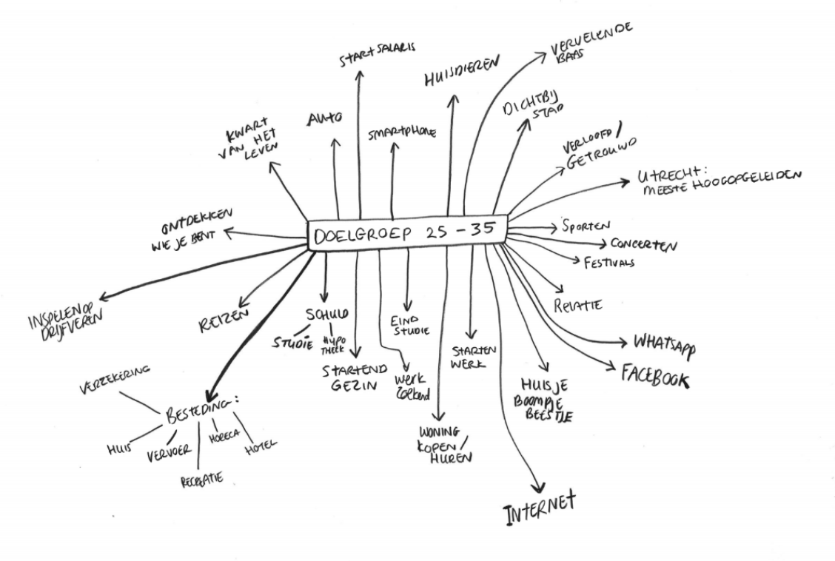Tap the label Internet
[538, 509]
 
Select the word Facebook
[655, 374]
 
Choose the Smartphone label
[402, 132]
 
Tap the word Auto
[325, 118]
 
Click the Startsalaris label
[378, 54]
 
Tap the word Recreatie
[202, 480]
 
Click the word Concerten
[643, 245]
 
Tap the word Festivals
[608, 263]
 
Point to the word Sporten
[586, 226]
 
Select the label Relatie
[577, 304]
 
